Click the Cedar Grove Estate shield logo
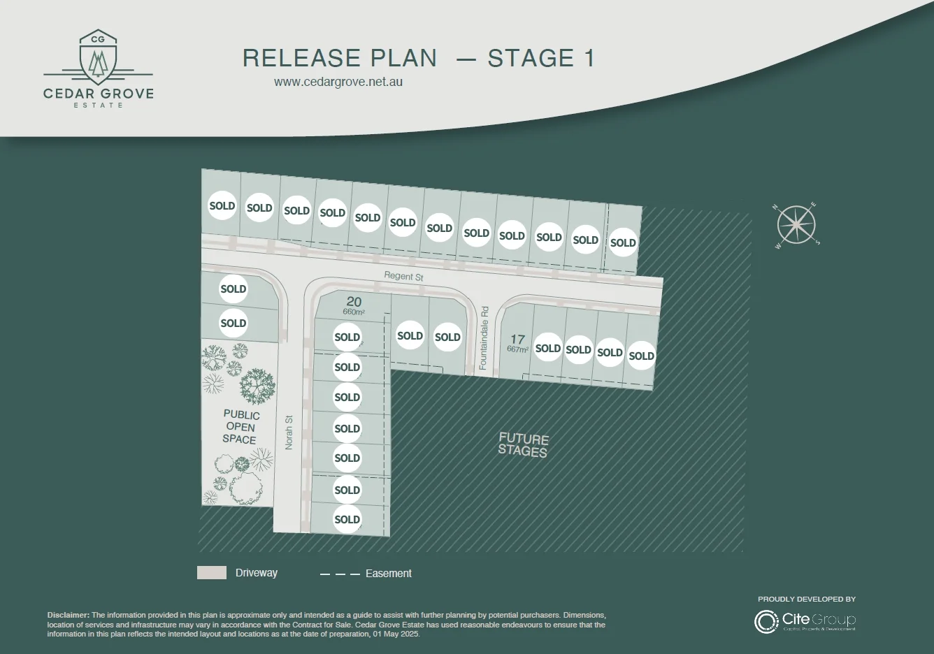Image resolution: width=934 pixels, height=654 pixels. click(99, 55)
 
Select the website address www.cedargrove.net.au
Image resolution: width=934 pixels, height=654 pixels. click(338, 81)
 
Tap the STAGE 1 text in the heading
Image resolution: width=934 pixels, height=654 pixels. click(541, 58)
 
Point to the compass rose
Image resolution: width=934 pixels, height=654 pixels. click(796, 225)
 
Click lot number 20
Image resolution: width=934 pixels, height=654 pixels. click(354, 302)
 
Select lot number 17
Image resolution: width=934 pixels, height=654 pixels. click(517, 339)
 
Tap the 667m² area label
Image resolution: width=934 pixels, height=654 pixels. click(517, 349)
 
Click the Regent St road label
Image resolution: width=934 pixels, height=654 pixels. click(403, 276)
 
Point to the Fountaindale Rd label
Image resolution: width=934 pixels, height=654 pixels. click(483, 337)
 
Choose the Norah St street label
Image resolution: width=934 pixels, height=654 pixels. click(289, 433)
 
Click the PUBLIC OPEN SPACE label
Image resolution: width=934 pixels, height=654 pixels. click(240, 427)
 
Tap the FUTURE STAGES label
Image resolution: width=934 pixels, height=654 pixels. click(523, 444)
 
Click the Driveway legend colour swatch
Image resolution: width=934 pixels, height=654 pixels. click(212, 573)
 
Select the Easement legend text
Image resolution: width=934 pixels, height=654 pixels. click(388, 574)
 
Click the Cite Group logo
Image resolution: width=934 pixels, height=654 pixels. click(805, 620)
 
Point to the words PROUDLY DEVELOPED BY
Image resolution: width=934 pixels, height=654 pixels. click(807, 599)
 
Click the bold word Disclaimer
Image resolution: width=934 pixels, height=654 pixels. click(68, 615)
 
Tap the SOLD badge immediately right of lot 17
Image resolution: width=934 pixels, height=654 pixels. click(548, 348)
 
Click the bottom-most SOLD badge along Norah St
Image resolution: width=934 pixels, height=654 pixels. click(347, 519)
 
